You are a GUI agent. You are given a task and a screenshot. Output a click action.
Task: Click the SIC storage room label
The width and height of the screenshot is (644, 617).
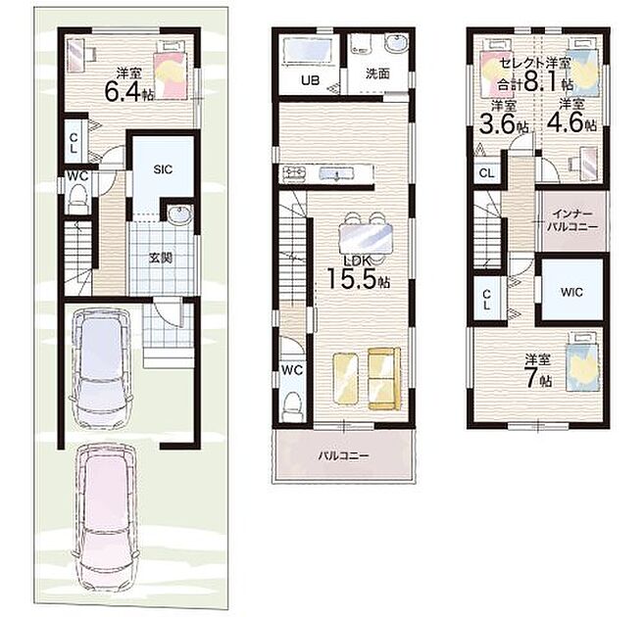(163, 169)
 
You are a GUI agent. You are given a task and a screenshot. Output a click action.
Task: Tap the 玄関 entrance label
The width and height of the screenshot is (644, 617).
(160, 258)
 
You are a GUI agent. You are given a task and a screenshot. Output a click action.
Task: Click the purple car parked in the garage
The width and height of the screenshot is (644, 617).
(101, 368)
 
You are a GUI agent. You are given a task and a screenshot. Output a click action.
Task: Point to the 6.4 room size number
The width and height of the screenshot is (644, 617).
(124, 91)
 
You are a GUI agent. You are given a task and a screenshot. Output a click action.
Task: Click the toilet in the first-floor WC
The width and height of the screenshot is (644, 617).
(78, 198)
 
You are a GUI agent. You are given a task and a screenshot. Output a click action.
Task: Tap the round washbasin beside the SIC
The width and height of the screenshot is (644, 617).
(179, 214)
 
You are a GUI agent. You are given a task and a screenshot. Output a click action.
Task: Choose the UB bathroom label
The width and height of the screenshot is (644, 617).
(310, 79)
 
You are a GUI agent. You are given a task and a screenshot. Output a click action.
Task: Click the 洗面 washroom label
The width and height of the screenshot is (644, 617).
(377, 73)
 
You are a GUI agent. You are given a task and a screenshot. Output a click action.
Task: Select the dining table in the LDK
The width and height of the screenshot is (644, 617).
(366, 239)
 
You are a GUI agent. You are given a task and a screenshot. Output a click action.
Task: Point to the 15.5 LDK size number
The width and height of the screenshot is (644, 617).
(352, 278)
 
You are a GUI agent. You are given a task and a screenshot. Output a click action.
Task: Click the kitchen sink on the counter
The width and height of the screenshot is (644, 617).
(336, 174)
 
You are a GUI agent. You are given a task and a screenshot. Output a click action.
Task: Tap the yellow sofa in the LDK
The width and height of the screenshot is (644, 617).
(384, 379)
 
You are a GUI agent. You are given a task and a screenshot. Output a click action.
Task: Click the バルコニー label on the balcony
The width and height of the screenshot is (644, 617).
(344, 455)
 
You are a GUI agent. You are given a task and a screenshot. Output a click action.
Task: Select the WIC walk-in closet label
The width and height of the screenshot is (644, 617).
(572, 292)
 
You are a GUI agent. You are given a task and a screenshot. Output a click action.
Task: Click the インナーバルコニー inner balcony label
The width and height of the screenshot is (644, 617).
(571, 220)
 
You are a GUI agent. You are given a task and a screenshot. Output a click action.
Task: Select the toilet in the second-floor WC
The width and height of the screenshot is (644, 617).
(293, 406)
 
